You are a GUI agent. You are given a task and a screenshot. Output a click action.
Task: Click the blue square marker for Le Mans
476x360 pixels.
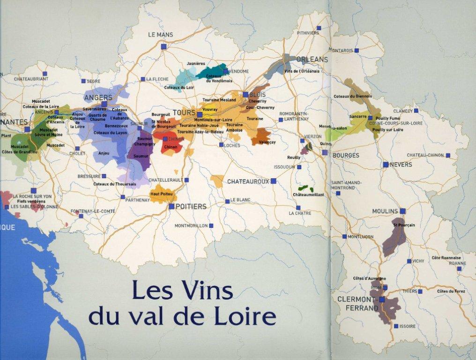[164, 46]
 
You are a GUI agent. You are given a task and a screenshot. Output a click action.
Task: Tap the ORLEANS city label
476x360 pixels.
[312, 60]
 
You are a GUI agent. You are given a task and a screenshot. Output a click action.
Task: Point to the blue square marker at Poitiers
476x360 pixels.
[171, 206]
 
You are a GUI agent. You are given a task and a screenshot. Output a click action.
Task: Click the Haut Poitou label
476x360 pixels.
[161, 194]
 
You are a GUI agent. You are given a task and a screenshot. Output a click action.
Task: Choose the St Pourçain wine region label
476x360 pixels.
[404, 225]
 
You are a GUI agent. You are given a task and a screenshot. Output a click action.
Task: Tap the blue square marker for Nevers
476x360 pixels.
[385, 165]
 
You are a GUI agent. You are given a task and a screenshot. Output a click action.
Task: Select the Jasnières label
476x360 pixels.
[196, 63]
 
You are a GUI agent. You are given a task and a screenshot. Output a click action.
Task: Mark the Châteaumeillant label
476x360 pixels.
[308, 194]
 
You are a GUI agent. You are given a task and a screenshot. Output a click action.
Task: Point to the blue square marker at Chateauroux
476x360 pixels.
[273, 181]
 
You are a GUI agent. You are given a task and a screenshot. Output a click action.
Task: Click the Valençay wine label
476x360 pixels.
[267, 142]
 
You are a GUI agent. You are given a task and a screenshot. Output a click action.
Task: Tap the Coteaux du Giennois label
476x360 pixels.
[353, 96]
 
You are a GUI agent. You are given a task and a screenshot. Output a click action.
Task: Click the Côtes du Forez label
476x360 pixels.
[451, 291]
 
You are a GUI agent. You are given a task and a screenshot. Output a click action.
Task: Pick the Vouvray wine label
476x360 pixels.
[210, 109]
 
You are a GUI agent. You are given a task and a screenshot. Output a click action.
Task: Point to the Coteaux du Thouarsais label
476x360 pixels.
[115, 184]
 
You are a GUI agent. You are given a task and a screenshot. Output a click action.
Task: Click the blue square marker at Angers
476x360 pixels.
[104, 104]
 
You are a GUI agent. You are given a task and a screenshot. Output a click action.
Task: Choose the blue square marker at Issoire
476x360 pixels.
[396, 326]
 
